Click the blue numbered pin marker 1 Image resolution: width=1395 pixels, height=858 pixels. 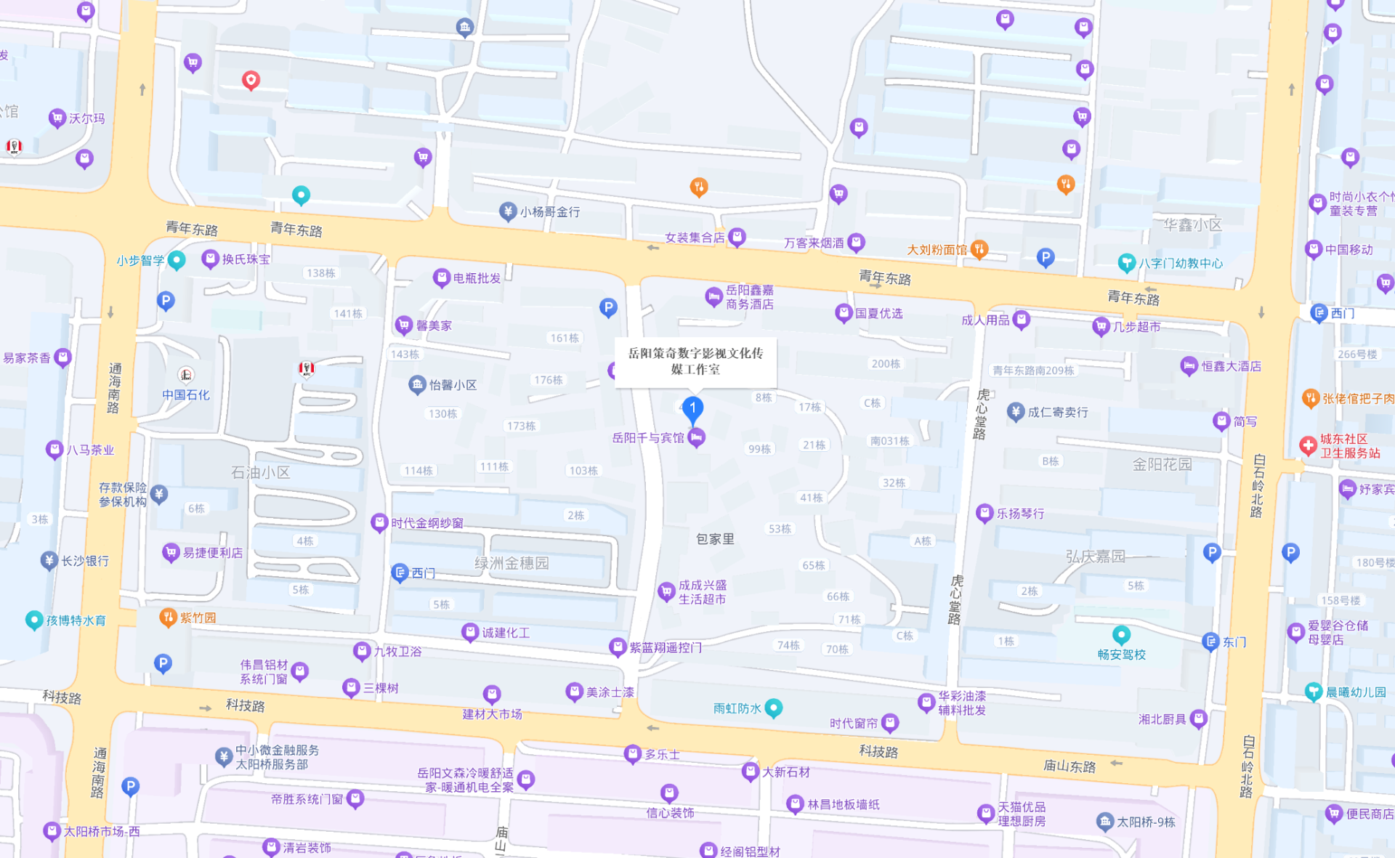[692, 408]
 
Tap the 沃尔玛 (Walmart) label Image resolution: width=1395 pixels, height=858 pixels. [86, 118]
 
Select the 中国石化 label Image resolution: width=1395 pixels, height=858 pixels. [185, 394]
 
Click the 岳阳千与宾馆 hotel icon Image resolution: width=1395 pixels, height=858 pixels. [696, 437]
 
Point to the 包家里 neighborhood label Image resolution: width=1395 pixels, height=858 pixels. [715, 539]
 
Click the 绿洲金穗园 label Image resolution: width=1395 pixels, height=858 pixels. [511, 563]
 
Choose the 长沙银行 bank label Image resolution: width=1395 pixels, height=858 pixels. [85, 561]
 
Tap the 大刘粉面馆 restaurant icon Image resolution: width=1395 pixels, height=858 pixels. [979, 249]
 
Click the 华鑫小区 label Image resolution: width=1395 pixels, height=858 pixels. [1192, 225]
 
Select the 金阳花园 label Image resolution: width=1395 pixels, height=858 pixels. [1162, 464]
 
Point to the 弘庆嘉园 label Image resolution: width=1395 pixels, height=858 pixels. [1095, 557]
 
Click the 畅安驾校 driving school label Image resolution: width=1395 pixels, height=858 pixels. [1121, 655]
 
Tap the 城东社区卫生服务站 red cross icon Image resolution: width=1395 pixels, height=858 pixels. [1308, 445]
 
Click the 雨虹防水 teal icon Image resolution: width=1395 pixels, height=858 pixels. [774, 708]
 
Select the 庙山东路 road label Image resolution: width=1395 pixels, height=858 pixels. [1069, 766]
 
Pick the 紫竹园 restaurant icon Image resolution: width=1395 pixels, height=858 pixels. [168, 618]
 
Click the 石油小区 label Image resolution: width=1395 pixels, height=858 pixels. [260, 473]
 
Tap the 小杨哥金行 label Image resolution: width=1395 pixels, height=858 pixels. [549, 212]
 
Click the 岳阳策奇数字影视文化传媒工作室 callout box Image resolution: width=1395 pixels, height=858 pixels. [695, 361]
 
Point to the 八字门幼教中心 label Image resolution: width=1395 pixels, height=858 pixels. [1181, 263]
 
